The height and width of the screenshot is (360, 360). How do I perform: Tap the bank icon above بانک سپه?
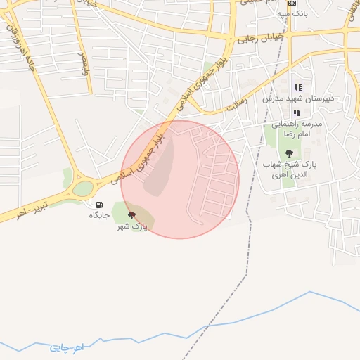pyautogui.click(x=292, y=4)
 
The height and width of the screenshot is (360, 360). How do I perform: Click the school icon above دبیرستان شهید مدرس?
pyautogui.click(x=297, y=88)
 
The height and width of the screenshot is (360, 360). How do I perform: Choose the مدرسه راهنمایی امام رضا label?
pyautogui.click(x=297, y=128)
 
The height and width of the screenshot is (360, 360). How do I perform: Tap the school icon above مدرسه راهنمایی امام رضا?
pyautogui.click(x=297, y=112)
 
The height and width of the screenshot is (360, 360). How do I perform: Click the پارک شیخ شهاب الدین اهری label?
pyautogui.click(x=290, y=168)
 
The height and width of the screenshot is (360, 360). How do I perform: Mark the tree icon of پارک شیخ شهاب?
pyautogui.click(x=289, y=153)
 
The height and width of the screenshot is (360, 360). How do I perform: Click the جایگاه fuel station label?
pyautogui.click(x=99, y=215)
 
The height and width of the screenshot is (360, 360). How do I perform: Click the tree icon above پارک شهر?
pyautogui.click(x=131, y=215)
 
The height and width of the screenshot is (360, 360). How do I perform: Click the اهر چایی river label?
pyautogui.click(x=67, y=347)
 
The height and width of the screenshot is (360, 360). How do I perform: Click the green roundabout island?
pyautogui.click(x=83, y=188)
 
